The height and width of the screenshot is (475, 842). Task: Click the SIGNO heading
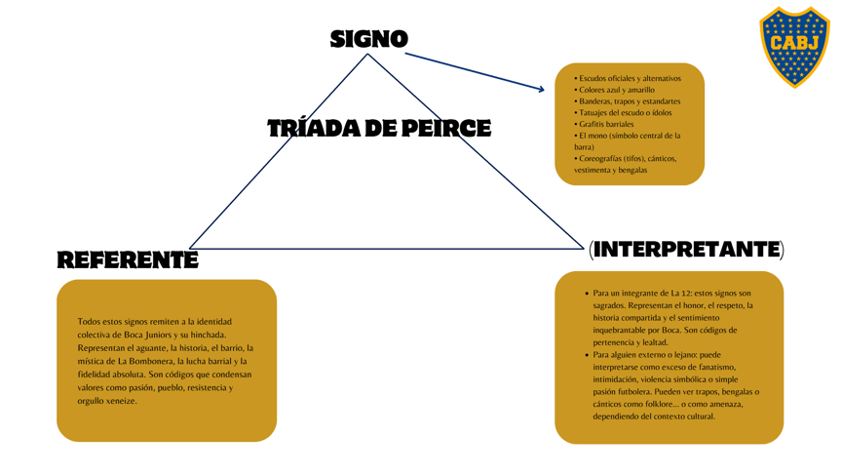click(x=368, y=39)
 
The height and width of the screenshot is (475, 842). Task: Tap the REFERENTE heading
click(x=127, y=259)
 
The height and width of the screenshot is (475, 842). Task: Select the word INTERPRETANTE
click(x=686, y=250)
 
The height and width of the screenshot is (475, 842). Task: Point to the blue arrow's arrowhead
click(x=541, y=90)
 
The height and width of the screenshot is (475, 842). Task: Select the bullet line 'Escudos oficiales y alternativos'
click(x=630, y=78)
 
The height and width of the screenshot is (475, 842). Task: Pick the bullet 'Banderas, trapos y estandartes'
click(x=629, y=101)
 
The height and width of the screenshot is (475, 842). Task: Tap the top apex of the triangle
click(x=367, y=54)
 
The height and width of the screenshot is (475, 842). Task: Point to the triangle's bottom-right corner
click(x=583, y=248)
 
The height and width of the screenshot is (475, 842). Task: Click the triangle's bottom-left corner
click(x=189, y=248)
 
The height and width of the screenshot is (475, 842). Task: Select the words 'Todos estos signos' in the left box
click(x=113, y=321)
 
